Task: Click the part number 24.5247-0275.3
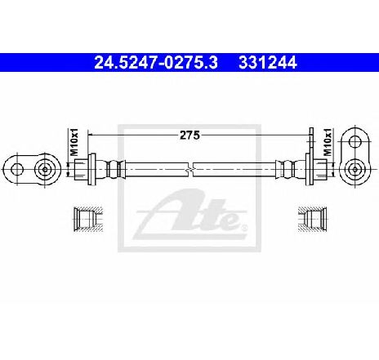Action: [156, 63]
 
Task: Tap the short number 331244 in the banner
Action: [268, 63]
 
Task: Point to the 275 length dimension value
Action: [189, 135]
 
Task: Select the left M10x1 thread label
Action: [74, 142]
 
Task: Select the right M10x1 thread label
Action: [328, 142]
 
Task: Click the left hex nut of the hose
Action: [81, 170]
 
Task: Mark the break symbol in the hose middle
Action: [190, 170]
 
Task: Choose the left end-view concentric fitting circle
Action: [44, 170]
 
